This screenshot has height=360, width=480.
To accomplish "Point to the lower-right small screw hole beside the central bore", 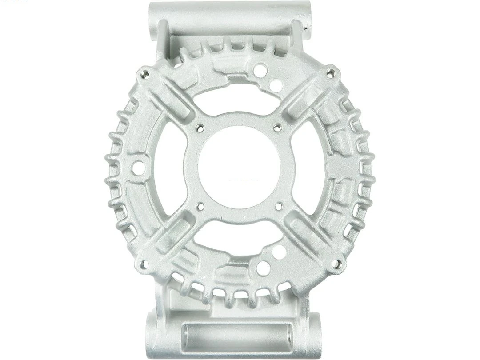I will pyautogui.click(x=279, y=206).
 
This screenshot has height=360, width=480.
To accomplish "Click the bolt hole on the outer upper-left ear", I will pyautogui.click(x=144, y=73).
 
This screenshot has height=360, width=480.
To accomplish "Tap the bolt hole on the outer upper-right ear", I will pyautogui.click(x=331, y=72).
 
